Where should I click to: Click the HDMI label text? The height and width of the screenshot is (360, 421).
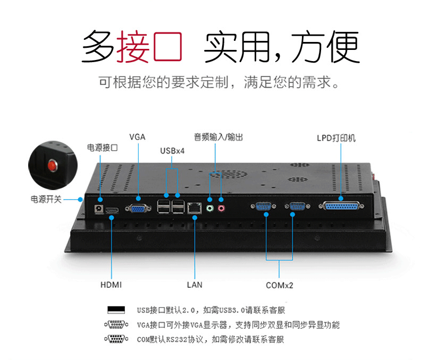tap(111, 285)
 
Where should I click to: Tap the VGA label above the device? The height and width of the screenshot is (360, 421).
tap(137, 137)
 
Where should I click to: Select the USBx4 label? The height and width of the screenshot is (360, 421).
tap(172, 151)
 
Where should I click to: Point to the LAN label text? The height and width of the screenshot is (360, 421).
tap(195, 285)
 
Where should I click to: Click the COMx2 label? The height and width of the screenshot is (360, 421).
tap(279, 285)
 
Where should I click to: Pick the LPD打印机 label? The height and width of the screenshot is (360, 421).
tap(336, 138)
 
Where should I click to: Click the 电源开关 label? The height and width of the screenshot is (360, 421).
tap(46, 199)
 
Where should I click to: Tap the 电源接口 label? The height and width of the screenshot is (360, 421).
tap(102, 148)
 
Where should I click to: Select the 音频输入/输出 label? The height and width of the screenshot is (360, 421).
tap(218, 137)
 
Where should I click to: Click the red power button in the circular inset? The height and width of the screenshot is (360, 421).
tap(52, 165)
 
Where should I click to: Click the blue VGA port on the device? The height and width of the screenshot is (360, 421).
tap(138, 208)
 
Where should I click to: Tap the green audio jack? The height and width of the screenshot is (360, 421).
tap(209, 208)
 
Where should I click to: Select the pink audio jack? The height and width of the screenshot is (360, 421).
tap(221, 208)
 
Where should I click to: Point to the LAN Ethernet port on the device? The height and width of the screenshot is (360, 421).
tap(195, 208)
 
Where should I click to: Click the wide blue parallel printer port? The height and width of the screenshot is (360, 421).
tap(341, 207)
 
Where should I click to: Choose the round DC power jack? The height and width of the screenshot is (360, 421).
tap(99, 209)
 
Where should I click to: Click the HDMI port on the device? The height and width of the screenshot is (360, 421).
tap(112, 211)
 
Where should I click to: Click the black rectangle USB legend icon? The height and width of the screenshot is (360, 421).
tap(116, 310)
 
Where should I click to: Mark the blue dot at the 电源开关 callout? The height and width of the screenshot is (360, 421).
tap(80, 200)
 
